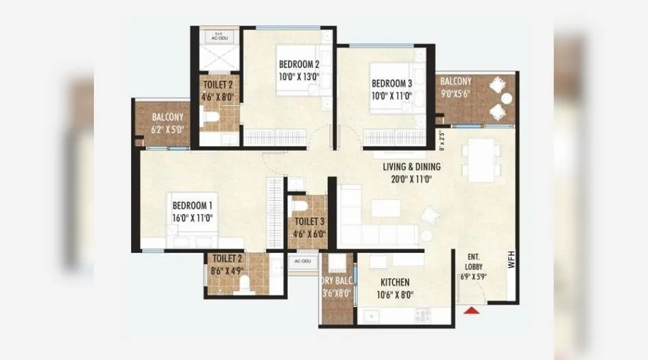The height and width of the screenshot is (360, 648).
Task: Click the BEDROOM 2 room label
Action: tap(298, 64)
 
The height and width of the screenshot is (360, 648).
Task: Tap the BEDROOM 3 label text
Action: tap(392, 84)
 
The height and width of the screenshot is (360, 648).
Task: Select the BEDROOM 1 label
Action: tap(192, 205)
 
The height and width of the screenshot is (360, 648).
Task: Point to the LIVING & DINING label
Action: tap(411, 167)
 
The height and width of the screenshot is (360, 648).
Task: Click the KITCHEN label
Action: tap(394, 283)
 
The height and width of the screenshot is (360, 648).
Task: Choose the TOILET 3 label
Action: tap(309, 222)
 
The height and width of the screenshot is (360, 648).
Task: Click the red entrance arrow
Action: tap(471, 311)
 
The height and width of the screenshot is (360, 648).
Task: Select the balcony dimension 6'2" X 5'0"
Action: tap(167, 129)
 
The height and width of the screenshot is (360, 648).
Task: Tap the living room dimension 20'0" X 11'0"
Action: tap(411, 179)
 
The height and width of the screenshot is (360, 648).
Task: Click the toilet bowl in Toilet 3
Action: tap(300, 206)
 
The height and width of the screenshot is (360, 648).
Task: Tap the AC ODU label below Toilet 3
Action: tap(302, 261)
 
